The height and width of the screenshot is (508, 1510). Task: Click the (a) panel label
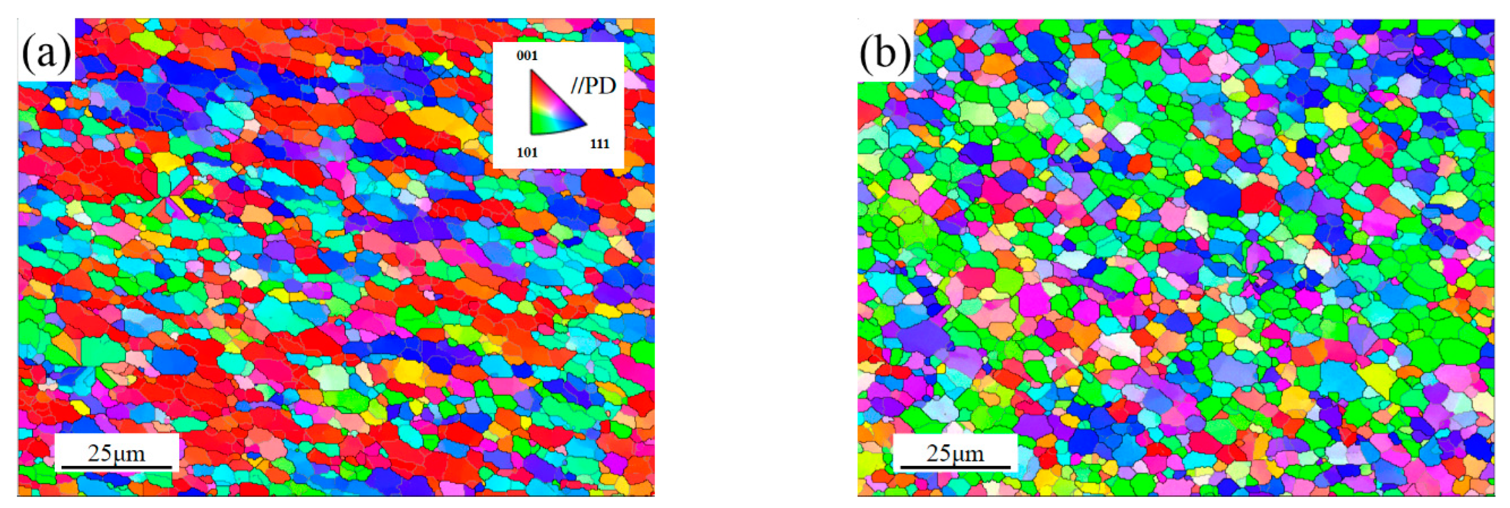pyautogui.click(x=46, y=54)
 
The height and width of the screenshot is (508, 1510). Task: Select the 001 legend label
pyautogui.click(x=526, y=56)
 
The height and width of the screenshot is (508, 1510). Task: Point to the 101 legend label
pyautogui.click(x=527, y=153)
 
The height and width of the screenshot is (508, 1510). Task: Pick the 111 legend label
pyautogui.click(x=599, y=144)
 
